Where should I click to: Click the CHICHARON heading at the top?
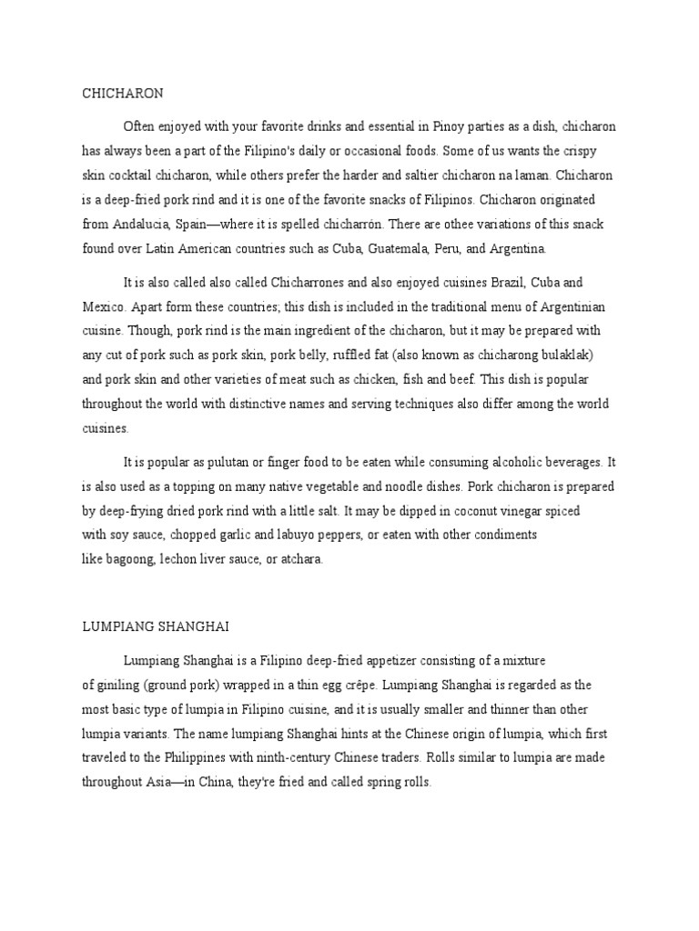tap(122, 93)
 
